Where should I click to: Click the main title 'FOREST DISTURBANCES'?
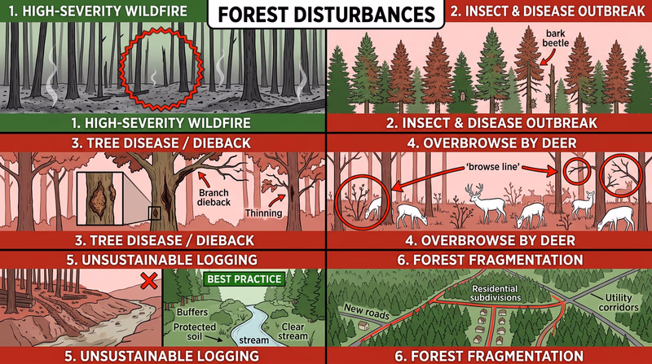[x=326, y=15]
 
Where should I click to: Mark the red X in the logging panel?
[x=149, y=281]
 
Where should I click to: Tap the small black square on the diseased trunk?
[x=155, y=213]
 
